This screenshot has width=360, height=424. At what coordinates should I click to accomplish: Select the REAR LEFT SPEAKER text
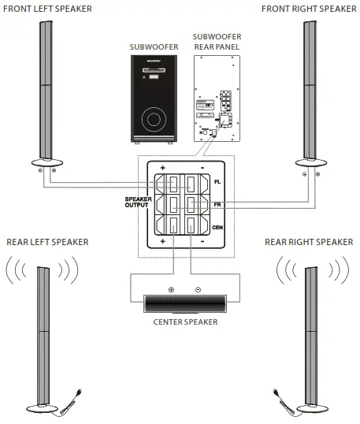(46, 241)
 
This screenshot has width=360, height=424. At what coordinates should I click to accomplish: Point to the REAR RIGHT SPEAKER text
(308, 241)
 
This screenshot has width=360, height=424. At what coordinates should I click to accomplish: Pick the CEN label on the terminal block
(219, 227)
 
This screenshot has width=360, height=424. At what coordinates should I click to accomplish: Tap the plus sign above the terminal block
(162, 168)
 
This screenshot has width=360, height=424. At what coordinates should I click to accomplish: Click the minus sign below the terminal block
(202, 240)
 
